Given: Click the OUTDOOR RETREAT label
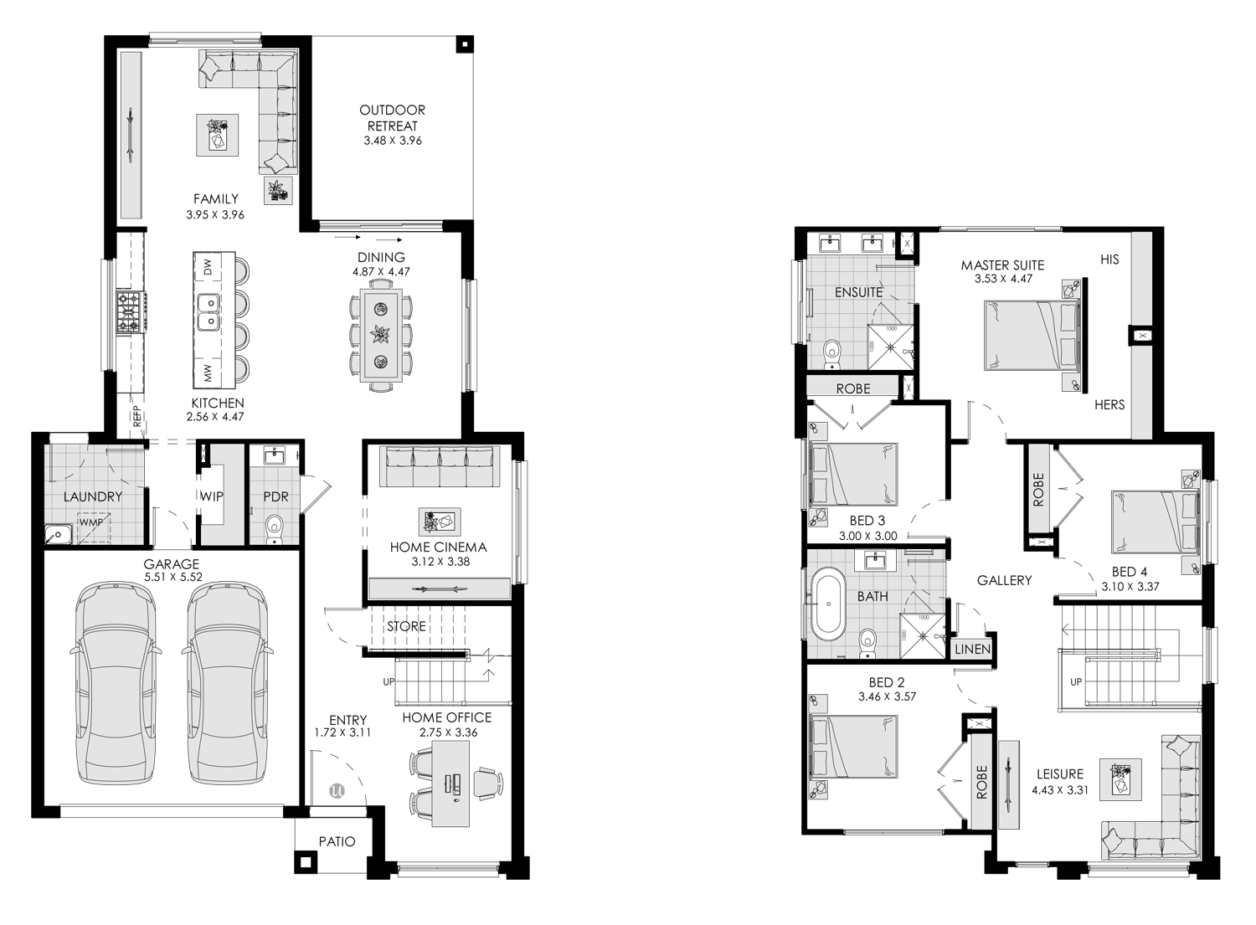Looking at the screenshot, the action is tap(392, 118).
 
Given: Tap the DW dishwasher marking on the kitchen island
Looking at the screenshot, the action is tap(208, 266).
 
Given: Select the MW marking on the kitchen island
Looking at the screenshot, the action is tap(208, 373).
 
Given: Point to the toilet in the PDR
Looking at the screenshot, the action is tap(275, 527).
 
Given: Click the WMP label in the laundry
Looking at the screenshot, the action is tap(91, 522).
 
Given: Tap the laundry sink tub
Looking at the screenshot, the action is tap(58, 534).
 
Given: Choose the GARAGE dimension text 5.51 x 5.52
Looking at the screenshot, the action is tap(173, 577).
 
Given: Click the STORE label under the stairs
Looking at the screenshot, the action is tap(406, 626).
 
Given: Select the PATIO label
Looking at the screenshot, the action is tap(337, 841).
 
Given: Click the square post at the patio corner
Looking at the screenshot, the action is tap(305, 861).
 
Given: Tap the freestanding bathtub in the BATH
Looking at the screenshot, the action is tap(828, 604).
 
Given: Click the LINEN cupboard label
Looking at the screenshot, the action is tap(972, 650).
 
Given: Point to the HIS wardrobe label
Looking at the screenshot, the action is tap(1109, 260).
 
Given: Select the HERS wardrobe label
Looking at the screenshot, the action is tap(1109, 405).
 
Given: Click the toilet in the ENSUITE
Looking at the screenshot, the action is tap(832, 354).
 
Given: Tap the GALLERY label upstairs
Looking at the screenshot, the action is tap(1004, 581).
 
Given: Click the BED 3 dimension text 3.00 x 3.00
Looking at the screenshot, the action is tap(868, 536).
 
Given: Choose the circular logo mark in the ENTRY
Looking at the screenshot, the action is tap(337, 790).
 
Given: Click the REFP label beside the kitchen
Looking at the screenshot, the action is tap(137, 415).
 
